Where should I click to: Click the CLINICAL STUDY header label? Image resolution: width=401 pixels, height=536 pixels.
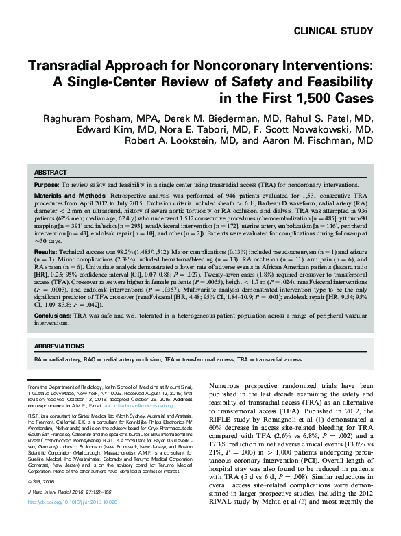(333, 30)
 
